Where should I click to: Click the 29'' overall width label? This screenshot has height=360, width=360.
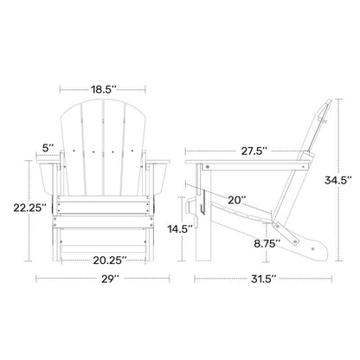pyautogui.click(x=108, y=279)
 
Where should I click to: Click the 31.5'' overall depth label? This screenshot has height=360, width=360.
pyautogui.click(x=258, y=279)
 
